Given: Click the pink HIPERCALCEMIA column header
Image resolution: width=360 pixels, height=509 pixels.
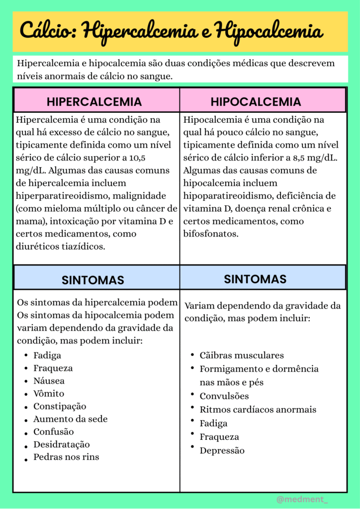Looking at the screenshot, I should (x=94, y=102).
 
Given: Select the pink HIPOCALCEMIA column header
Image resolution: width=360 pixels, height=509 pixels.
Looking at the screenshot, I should (x=256, y=102).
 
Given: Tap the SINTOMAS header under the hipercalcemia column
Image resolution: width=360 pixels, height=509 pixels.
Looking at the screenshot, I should (x=93, y=280).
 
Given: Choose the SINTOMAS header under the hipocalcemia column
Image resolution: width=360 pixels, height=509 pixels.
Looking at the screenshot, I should (x=255, y=279).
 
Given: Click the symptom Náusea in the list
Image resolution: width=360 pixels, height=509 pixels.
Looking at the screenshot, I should (x=49, y=381).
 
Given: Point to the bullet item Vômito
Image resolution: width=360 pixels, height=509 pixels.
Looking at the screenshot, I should (x=49, y=394).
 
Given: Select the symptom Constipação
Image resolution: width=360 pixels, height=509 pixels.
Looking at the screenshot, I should (x=60, y=407).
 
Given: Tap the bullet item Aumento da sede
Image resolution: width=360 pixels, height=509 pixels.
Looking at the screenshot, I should (x=70, y=419).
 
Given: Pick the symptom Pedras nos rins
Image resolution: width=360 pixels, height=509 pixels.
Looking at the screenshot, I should (x=66, y=457).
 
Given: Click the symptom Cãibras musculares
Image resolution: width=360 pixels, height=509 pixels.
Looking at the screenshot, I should (x=242, y=355).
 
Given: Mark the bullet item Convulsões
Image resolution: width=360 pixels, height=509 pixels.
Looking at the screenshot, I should (x=224, y=396).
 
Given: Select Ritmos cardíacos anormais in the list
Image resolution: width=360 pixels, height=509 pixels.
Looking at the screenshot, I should (x=258, y=410).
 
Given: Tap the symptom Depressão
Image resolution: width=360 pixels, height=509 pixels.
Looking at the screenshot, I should (x=222, y=450).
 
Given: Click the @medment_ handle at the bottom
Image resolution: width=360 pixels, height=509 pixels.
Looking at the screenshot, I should (x=302, y=499).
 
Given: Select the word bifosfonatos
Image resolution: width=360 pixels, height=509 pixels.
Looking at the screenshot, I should (x=211, y=234).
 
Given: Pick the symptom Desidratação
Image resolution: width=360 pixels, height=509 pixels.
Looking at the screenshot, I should (x=62, y=444).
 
